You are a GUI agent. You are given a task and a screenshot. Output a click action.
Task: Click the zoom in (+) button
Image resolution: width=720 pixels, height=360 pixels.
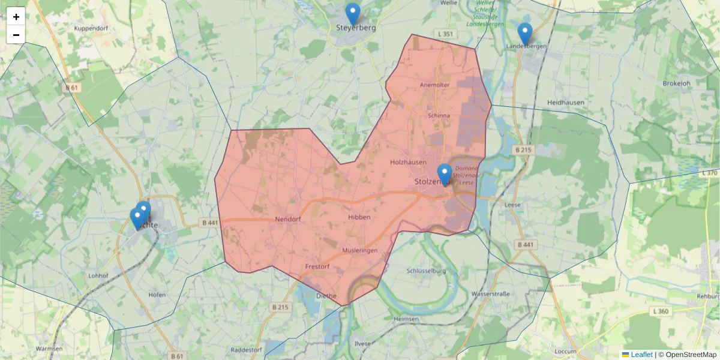coord(16,16)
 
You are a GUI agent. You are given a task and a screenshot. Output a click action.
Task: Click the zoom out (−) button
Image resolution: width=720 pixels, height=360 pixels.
coord(16,35)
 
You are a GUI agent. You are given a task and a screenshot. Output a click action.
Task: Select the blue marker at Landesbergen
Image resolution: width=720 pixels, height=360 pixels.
coord(525,34)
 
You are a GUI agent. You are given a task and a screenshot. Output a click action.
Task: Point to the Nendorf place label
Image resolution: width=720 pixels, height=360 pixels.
coord(287,219)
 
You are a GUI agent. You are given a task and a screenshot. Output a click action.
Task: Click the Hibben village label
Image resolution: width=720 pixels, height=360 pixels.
coord(359,217)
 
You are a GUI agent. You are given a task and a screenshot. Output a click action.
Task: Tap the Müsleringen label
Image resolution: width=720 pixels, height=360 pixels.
coord(360,250)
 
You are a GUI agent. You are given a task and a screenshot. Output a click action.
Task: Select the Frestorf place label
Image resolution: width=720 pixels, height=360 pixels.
coord(318,266)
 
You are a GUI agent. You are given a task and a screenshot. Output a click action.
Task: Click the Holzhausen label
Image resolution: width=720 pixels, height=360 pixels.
coord(408,162)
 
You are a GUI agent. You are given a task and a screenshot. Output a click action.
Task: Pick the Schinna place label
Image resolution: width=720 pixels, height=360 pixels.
coord(439,115)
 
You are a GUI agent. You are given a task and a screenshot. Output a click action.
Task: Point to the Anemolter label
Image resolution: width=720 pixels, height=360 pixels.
coord(436,85)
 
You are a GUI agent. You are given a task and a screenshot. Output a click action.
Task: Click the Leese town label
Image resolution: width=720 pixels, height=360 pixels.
coord(512,204)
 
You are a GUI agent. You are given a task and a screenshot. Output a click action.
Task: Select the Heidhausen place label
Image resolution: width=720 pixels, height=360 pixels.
coord(566,103)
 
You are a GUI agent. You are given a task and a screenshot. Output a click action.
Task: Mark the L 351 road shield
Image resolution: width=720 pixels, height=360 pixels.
coord(445,34)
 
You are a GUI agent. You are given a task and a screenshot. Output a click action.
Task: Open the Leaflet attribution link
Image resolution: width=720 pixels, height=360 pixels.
coord(641,355)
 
